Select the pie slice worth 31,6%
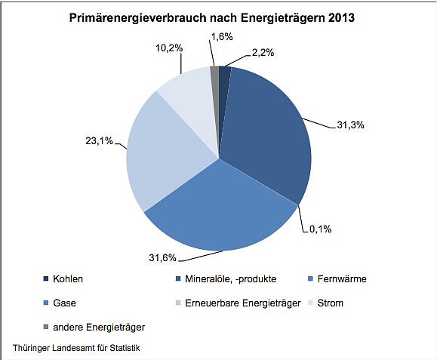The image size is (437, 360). click(219, 211)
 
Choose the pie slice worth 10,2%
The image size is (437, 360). click(185, 91)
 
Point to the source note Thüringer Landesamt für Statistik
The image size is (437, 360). click(76, 347)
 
